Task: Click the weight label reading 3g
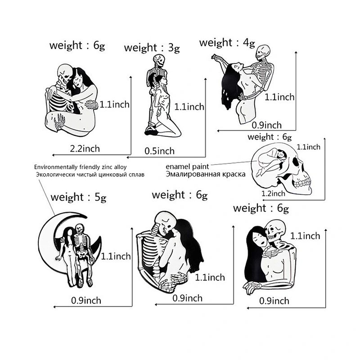point(152,48)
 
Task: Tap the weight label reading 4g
point(227,43)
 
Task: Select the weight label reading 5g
point(78,198)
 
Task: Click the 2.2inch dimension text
point(85,149)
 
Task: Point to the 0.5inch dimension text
point(160,151)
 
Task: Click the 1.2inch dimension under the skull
point(273,193)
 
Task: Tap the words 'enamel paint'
point(187,166)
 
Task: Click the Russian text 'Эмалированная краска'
point(206,174)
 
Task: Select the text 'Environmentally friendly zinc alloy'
point(81,167)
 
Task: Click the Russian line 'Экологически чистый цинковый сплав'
point(90,175)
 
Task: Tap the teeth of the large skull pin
point(302,183)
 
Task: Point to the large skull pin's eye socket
point(296,162)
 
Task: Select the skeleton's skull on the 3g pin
point(159,60)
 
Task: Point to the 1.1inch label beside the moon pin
point(116,256)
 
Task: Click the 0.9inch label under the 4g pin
point(266,126)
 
